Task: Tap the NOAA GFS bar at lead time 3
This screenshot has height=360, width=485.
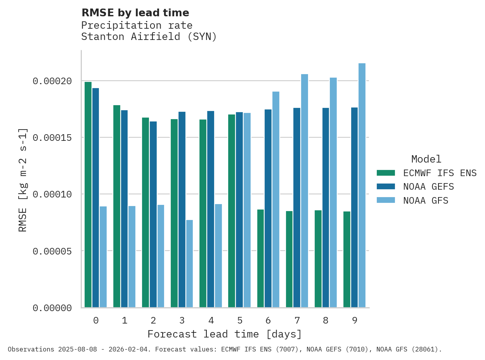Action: [189, 264]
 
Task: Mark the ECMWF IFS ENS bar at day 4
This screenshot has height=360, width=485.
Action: [203, 213]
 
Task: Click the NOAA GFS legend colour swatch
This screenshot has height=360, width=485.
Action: [386, 201]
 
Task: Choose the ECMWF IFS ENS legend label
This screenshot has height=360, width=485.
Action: [440, 173]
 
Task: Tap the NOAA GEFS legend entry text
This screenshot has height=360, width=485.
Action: [428, 187]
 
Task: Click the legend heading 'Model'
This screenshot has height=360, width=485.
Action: [426, 159]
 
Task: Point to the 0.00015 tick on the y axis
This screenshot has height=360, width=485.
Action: [52, 138]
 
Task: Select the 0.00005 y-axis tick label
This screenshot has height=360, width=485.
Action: [52, 251]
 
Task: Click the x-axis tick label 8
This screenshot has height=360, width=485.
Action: [326, 320]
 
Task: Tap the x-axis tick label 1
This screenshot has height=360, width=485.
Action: [125, 320]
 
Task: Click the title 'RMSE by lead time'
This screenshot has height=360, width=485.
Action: [135, 13]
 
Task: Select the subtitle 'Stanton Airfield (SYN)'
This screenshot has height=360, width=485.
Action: [149, 37]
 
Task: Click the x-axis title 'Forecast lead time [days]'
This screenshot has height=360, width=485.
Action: [224, 334]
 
